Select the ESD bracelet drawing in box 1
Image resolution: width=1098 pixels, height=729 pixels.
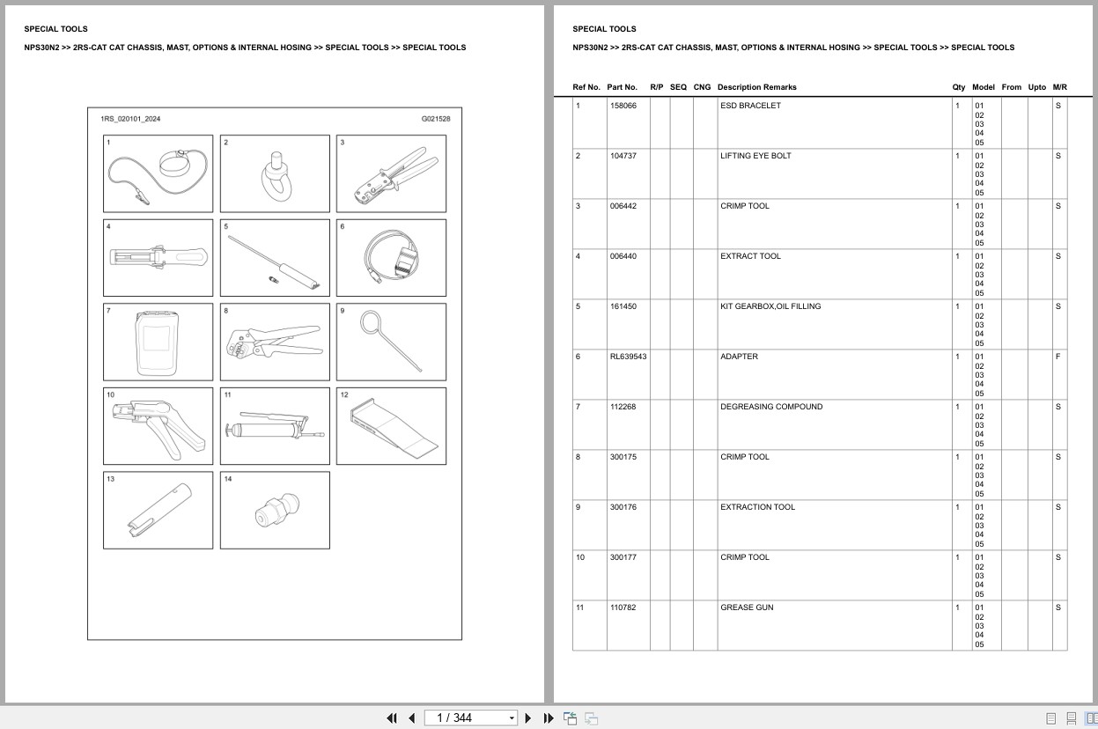click(158, 173)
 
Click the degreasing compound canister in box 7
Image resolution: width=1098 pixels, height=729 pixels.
click(158, 342)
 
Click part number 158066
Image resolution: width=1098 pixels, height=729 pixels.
click(623, 106)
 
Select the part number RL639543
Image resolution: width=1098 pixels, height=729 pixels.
click(628, 357)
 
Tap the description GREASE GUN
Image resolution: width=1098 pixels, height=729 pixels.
click(747, 607)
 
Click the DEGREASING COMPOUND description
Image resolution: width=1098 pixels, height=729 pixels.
click(771, 407)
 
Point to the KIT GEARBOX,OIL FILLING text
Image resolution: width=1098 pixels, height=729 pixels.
click(770, 306)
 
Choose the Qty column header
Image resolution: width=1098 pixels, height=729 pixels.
click(958, 87)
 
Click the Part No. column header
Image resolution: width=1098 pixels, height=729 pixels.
click(622, 87)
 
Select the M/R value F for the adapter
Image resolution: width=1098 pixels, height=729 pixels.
click(1057, 357)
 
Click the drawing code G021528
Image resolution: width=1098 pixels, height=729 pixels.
click(435, 118)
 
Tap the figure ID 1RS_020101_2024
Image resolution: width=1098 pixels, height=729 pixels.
click(130, 118)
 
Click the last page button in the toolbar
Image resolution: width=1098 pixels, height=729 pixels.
click(549, 718)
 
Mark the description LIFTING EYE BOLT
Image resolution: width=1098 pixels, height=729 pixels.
click(755, 156)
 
